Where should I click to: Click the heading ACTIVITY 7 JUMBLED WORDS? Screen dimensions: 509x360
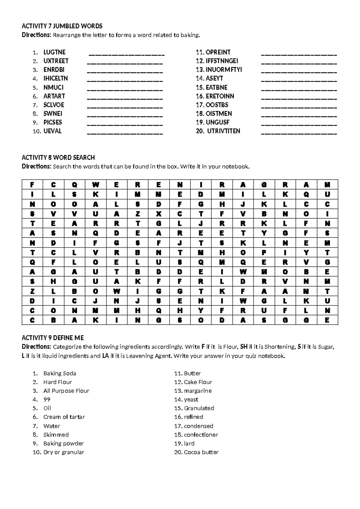pos(62,26)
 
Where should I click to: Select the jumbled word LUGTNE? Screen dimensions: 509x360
pos(54,52)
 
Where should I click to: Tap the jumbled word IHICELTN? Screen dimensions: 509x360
pos(55,78)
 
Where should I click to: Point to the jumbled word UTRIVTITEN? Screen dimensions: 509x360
pos(223,131)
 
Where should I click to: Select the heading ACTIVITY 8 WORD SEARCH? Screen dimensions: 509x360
pos(58,158)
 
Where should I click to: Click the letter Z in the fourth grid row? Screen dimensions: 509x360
pos(138,214)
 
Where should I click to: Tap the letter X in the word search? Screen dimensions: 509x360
pos(159,214)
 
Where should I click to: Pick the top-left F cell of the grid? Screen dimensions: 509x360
pos(32,185)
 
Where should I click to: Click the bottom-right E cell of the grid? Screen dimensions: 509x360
pos(327,320)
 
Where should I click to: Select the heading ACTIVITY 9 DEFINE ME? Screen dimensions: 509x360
pos(53,338)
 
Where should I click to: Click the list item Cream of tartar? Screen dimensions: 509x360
pos(64,417)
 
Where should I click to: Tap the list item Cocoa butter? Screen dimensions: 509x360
pos(201,452)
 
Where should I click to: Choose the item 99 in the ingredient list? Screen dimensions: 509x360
pos(47,399)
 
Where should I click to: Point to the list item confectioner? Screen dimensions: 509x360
pos(201,435)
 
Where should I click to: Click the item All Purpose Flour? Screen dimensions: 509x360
pos(66,391)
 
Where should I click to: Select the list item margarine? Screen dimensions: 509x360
pos(198,391)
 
